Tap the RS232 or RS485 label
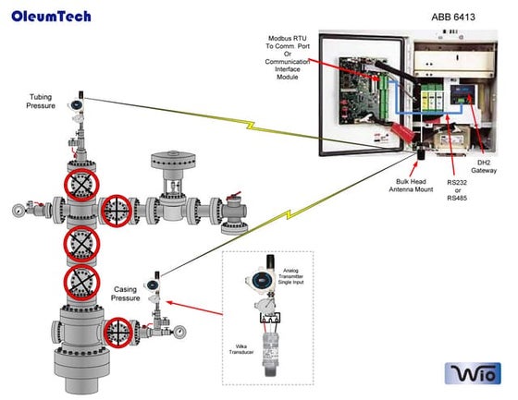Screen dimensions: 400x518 pyautogui.click(x=457, y=188)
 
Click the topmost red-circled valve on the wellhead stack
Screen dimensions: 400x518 pyautogui.click(x=80, y=185)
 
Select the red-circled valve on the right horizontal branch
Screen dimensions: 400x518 pyautogui.click(x=118, y=210)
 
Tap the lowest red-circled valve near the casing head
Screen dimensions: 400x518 pyautogui.click(x=119, y=331)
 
